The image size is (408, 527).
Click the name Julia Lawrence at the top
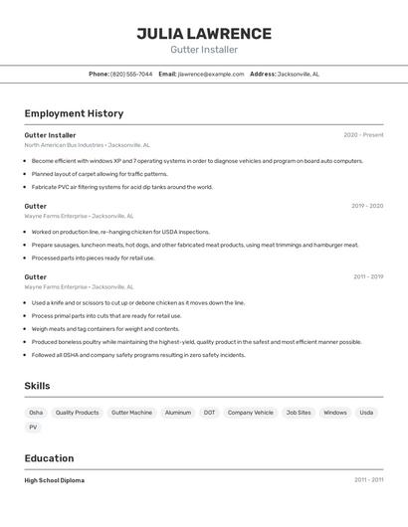pos(204,33)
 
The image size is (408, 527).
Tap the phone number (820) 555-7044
pos(131,74)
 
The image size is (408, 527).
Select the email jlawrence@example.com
pos(210,74)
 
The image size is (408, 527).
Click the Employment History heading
pos(74,113)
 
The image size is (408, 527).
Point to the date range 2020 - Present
pos(363,135)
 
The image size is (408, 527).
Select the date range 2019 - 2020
pos(367,206)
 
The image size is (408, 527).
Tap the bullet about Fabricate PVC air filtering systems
pos(122,187)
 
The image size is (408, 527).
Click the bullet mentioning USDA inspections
pos(120,232)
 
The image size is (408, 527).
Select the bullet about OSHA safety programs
pos(138,355)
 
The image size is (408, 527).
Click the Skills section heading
pos(37,386)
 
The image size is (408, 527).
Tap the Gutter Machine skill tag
pos(131,413)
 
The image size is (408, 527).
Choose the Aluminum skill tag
pos(178,413)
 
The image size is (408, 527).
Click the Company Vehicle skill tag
pos(250,413)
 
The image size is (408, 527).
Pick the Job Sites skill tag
pos(299,413)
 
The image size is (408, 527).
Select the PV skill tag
pos(33,428)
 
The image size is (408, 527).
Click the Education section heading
pos(49,458)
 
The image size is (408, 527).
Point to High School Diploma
pos(55,480)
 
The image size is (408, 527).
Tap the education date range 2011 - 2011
pos(368,480)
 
